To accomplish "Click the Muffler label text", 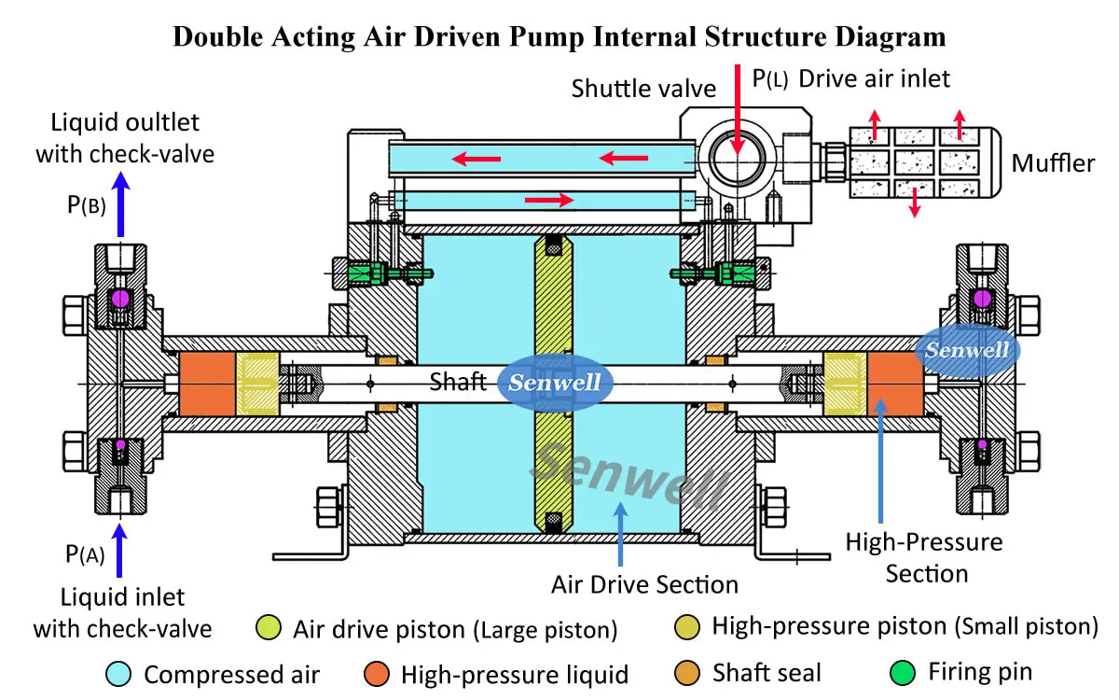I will coord(1053,164).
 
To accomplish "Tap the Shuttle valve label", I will coord(643,89).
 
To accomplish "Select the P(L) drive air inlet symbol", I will coord(770,80).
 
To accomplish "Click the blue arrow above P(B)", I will coord(120,205).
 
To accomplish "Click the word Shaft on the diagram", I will coord(459,382).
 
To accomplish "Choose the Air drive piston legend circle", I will coord(268,628).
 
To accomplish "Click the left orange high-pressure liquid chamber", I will coord(206,384).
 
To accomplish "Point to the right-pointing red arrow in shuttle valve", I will coord(549,199).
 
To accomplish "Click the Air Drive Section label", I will coord(644,585).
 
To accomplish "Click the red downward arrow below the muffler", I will coord(915,203).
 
